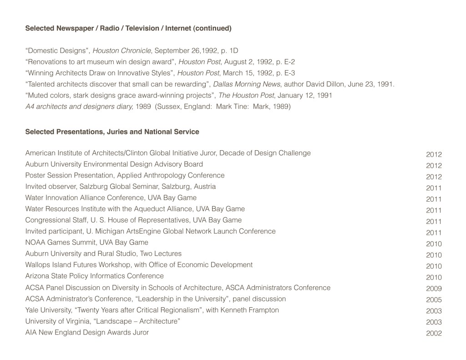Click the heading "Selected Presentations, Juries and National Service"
click(x=112, y=132)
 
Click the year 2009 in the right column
click(x=434, y=289)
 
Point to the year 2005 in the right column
click(x=434, y=300)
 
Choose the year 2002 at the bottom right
click(x=434, y=333)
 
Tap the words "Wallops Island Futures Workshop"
click(x=78, y=264)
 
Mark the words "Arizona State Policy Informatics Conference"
click(x=94, y=276)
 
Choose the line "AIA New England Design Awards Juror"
click(x=87, y=332)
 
